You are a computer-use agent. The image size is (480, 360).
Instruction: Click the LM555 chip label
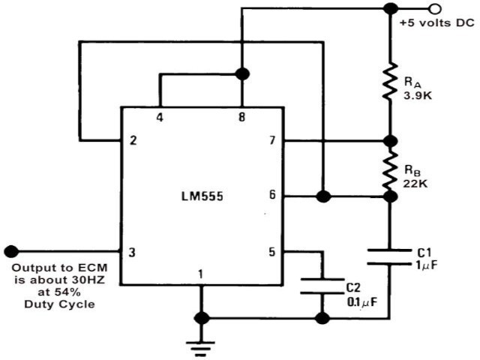(200, 196)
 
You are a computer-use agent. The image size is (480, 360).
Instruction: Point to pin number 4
(159, 118)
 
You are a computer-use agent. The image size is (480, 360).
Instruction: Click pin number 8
(241, 118)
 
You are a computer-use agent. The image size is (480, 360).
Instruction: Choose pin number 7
(272, 140)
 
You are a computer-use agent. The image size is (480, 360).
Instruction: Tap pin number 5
(272, 252)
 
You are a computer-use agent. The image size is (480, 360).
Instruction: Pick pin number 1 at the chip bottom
(200, 275)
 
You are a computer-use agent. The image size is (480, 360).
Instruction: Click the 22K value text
(418, 182)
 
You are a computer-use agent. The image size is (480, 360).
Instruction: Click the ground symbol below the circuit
(200, 344)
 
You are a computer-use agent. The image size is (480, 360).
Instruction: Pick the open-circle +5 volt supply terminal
(433, 8)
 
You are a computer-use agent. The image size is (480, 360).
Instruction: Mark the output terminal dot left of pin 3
(10, 251)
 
